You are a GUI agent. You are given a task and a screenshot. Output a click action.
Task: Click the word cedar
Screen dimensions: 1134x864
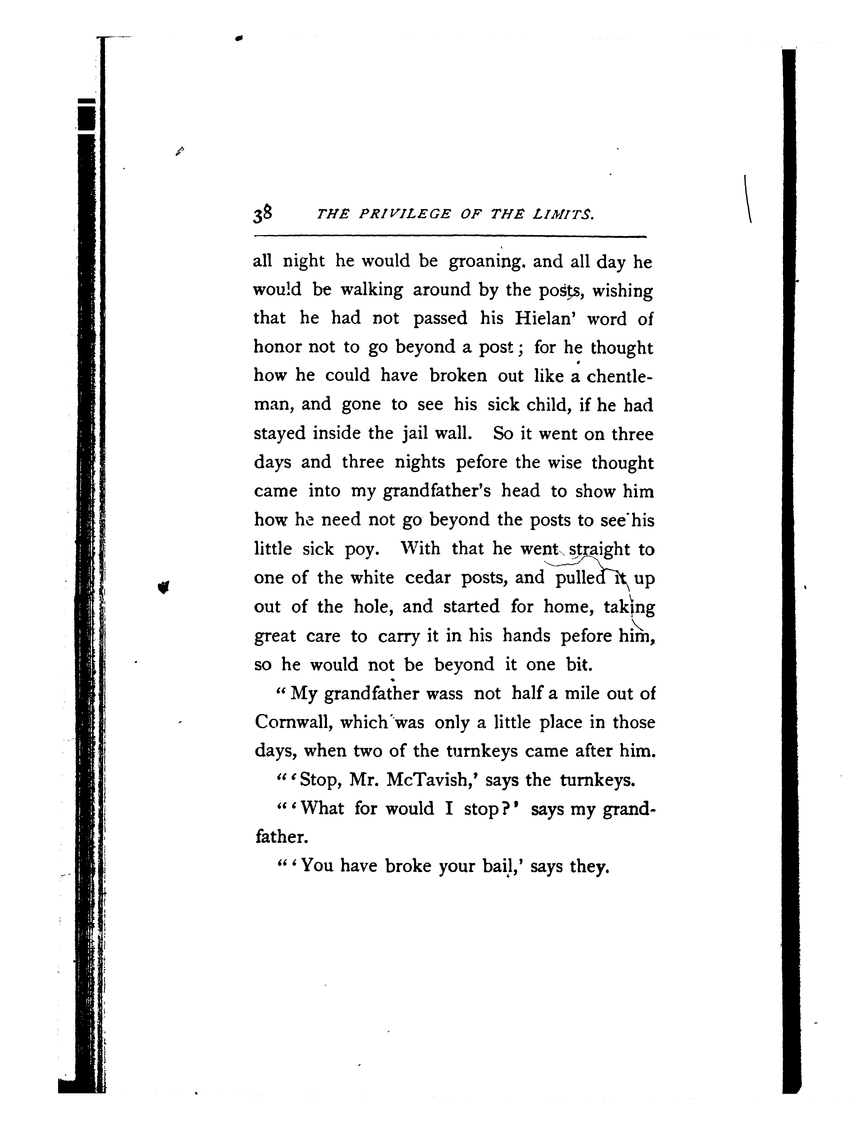point(427,578)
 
